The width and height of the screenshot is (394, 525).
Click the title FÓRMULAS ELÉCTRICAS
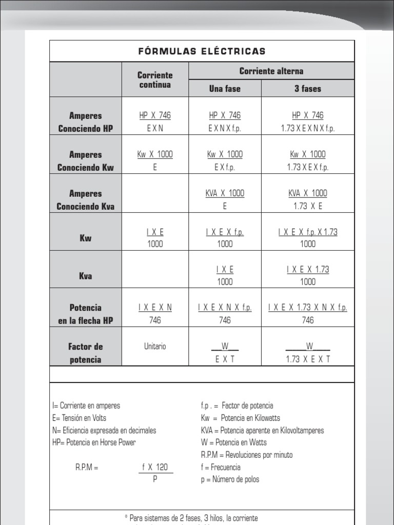coord(202,51)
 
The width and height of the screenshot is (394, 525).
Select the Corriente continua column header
coord(155,80)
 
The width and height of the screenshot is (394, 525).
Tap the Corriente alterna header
coord(271,71)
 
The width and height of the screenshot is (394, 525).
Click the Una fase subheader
coord(225,89)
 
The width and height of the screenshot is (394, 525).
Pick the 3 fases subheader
coord(308,89)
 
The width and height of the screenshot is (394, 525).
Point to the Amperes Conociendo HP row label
coord(86,122)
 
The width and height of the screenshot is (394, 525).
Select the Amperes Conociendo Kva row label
coord(86,200)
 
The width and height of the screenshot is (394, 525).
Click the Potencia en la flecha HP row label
coord(86,314)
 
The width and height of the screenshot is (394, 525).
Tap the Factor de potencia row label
coord(86,353)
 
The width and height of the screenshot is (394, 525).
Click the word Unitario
coord(155,347)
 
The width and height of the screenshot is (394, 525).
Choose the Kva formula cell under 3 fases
coord(308,275)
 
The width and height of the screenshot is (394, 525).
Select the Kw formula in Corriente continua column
coord(155,238)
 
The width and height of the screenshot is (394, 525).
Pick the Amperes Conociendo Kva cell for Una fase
coord(225,199)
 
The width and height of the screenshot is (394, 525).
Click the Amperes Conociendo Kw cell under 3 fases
coord(308,160)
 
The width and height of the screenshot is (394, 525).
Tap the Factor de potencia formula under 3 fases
coord(308,353)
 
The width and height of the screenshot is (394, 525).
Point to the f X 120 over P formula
coord(155,473)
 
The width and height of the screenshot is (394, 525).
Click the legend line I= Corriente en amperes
coord(86,406)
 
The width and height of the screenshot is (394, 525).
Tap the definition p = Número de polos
coord(230,479)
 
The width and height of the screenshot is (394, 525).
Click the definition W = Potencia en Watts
coord(234,442)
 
